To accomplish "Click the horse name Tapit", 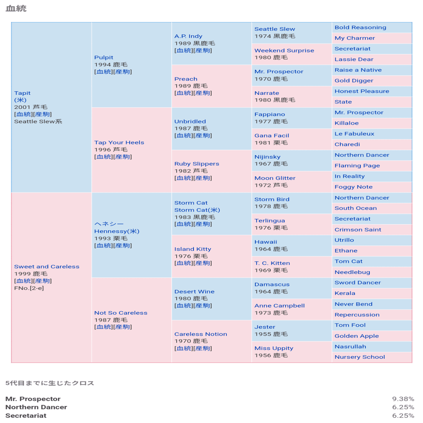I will tap(22, 93).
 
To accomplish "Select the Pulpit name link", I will tap(104, 58).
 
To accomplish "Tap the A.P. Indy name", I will tap(188, 36).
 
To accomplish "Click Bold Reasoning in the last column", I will tap(360, 27).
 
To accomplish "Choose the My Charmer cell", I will tap(355, 38).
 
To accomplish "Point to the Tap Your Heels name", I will tap(119, 143).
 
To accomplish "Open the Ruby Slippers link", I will tap(197, 164).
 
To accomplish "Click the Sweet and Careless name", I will tap(47, 267).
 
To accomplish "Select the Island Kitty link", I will tap(193, 249).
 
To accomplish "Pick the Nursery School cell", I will tap(360, 357).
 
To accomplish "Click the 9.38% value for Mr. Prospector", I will tap(403, 399).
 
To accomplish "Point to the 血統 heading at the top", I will tap(16, 8).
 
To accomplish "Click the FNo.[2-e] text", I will tap(29, 288).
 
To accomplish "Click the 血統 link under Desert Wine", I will tap(183, 305).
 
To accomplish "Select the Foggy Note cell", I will tap(353, 187).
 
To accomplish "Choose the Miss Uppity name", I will tap(274, 348).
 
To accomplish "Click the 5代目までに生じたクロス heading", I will tap(50, 383).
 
